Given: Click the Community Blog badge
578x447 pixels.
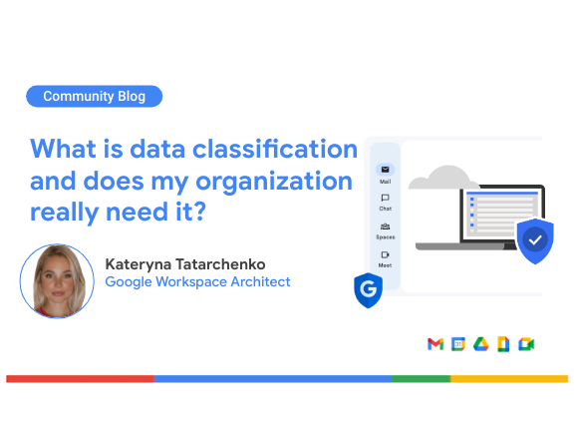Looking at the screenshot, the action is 94,97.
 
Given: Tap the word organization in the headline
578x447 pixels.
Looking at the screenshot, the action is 274,182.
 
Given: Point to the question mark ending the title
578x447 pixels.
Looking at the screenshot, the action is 199,212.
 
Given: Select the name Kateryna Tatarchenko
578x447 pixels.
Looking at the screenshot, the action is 185,264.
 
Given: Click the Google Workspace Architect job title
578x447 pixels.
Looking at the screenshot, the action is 197,282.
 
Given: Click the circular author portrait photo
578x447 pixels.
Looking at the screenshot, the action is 57,280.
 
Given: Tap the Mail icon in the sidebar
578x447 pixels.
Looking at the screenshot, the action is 386,170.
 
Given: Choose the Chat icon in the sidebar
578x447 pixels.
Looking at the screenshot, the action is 386,198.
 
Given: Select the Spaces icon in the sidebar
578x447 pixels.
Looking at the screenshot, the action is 386,226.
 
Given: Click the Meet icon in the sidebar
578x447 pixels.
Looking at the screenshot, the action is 386,254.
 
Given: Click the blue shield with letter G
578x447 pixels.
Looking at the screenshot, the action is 368,290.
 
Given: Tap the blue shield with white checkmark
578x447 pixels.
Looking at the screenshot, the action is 535,240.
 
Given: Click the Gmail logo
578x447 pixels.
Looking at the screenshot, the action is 435,344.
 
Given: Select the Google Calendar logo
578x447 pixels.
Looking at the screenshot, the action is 458,344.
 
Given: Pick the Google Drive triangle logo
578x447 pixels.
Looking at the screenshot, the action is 481,344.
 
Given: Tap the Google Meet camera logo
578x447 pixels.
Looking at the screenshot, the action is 526,344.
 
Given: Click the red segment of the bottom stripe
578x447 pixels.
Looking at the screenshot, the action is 80,379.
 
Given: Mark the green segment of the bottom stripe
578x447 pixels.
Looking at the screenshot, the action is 421,379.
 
